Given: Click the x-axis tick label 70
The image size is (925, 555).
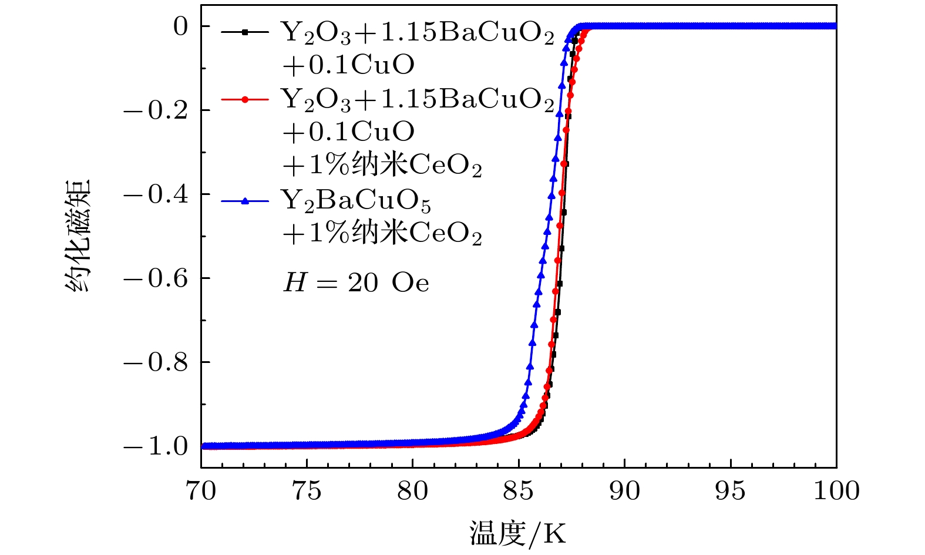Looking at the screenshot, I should [x=201, y=491].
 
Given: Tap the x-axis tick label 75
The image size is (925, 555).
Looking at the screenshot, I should [x=307, y=491].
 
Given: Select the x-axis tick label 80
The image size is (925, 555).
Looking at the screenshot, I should [x=413, y=491].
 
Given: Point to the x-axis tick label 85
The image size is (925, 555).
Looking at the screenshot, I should [x=519, y=491].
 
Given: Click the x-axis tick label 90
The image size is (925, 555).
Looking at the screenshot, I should [x=624, y=491].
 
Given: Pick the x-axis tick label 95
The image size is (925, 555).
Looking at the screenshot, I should [x=730, y=491].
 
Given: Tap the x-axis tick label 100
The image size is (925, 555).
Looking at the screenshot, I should [x=836, y=491].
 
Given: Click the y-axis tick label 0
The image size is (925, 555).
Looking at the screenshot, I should [x=180, y=26].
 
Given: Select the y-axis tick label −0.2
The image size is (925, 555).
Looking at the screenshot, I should [x=156, y=110].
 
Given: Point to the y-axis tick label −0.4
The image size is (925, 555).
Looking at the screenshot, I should [x=156, y=194].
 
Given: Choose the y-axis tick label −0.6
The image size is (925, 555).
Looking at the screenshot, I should [x=156, y=278].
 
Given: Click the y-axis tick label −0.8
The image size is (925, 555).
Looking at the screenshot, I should [x=156, y=362].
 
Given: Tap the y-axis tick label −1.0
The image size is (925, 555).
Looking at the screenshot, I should [x=156, y=446].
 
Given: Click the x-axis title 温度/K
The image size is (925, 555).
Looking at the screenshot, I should [x=518, y=534].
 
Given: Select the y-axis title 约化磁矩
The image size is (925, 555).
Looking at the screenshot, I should [x=78, y=236].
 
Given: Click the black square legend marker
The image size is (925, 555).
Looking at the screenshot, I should [x=245, y=32].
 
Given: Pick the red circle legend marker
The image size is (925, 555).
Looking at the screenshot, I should [x=245, y=99].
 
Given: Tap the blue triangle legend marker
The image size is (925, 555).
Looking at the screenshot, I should [x=245, y=201].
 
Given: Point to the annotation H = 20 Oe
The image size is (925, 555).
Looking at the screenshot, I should [x=356, y=283].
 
